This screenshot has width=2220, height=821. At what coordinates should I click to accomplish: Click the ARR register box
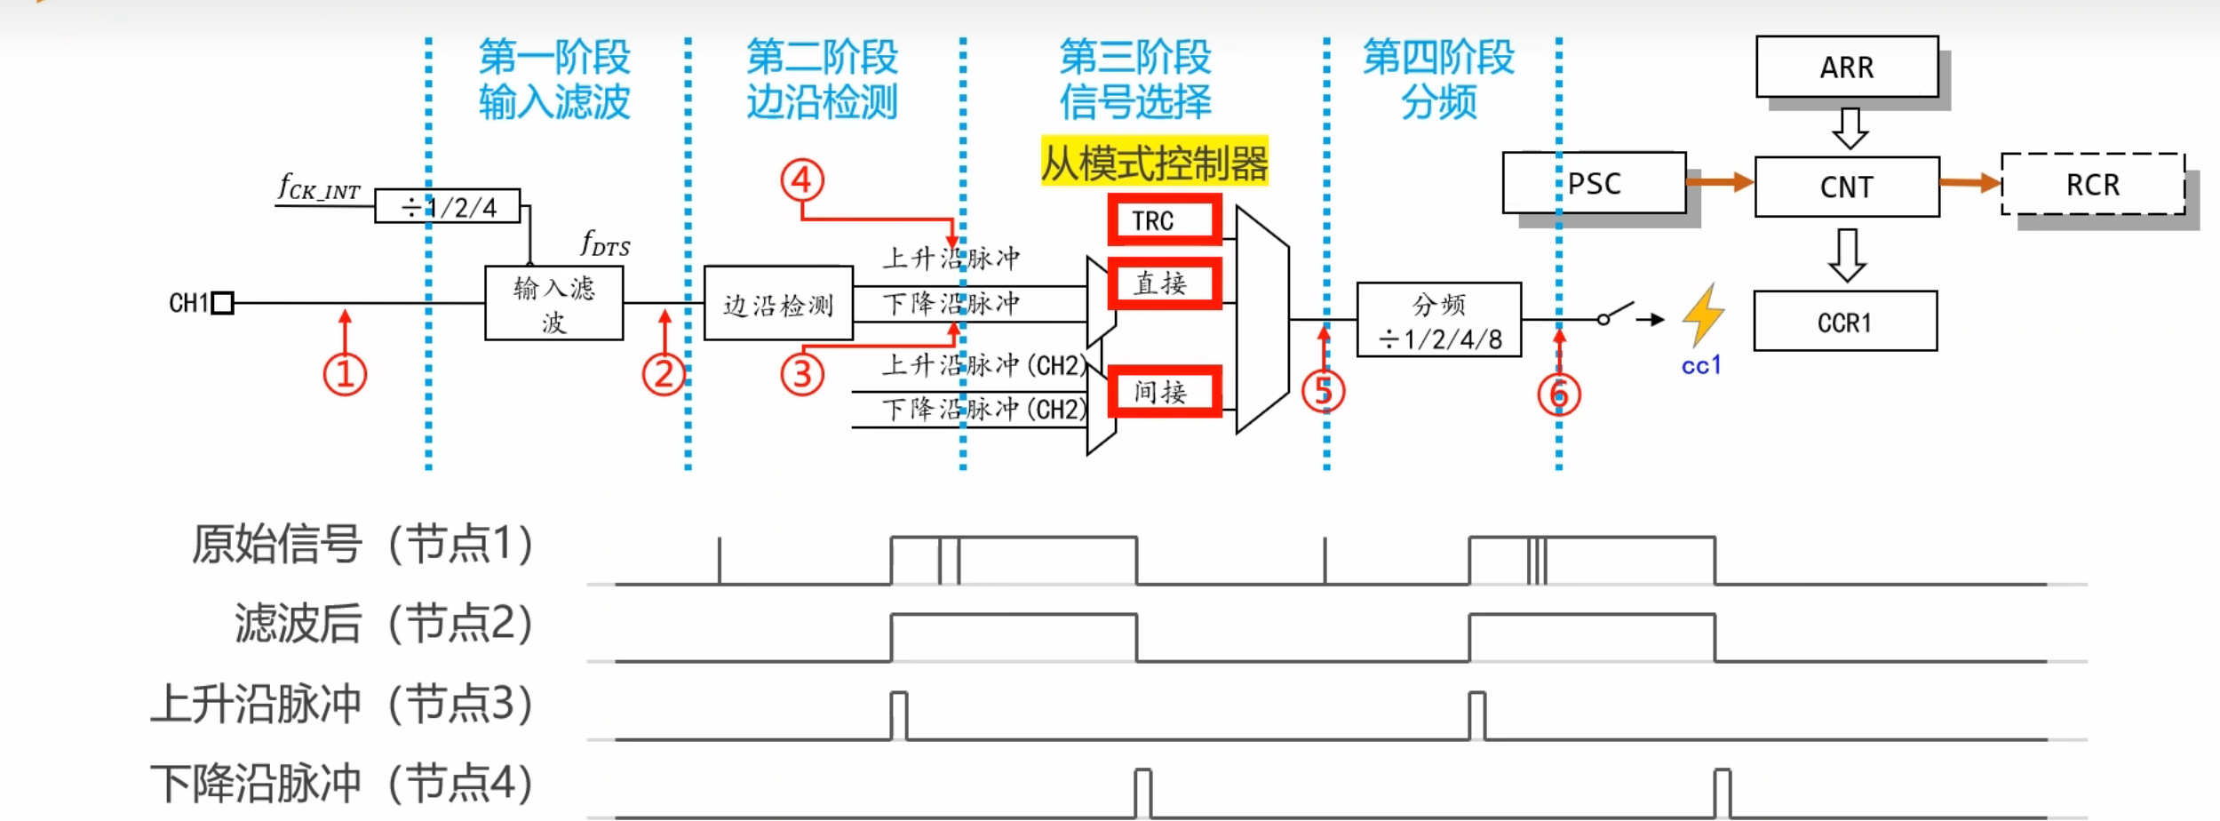[1846, 67]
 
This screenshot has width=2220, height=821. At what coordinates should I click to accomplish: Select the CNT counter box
[1846, 187]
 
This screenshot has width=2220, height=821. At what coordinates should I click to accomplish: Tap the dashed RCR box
[2092, 184]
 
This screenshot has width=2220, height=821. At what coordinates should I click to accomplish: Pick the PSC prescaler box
[1594, 183]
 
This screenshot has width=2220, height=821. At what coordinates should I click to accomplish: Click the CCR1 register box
[1844, 322]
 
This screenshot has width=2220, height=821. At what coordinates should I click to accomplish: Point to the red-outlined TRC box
[1164, 219]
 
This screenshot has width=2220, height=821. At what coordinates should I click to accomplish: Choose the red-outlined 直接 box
[1164, 283]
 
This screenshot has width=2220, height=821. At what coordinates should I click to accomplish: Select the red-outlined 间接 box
[1164, 391]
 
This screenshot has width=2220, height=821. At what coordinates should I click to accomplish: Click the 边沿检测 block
[778, 304]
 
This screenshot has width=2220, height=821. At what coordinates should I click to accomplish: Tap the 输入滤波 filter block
[553, 303]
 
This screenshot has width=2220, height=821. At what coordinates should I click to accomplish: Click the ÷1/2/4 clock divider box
[448, 206]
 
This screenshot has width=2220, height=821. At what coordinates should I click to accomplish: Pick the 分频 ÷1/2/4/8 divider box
[1438, 320]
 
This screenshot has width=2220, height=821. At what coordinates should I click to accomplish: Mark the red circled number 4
[801, 180]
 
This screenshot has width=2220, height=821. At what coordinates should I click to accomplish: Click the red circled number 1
[345, 374]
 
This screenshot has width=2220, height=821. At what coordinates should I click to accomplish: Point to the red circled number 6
[1558, 395]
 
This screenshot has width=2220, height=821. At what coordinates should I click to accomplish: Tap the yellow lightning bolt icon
[1702, 315]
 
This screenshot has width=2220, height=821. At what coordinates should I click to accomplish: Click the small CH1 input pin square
[223, 303]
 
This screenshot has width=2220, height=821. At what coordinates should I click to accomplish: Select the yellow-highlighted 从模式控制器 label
[1153, 163]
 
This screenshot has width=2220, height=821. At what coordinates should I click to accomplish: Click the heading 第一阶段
[554, 58]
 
